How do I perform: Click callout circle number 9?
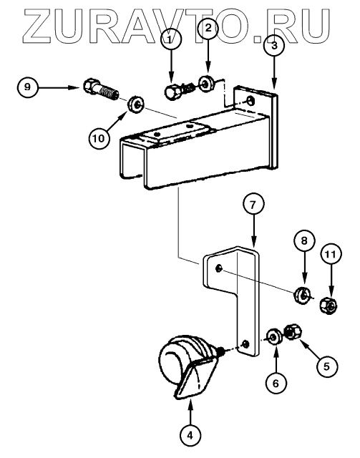[x=27, y=87]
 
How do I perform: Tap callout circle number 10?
[x=99, y=137]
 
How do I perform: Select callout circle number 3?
[x=274, y=46]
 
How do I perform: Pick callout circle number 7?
[x=253, y=205]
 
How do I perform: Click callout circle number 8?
[x=304, y=241]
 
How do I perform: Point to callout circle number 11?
[x=331, y=255]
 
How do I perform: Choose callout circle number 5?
[x=326, y=366]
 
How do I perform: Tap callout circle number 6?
[x=276, y=383]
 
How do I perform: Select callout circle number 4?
[x=190, y=436]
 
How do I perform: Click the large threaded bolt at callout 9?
[x=101, y=89]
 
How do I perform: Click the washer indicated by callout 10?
[x=136, y=104]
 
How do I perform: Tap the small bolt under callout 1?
[x=177, y=89]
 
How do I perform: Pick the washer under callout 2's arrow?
[x=207, y=83]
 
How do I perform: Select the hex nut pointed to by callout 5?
[x=293, y=331]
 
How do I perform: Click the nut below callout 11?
[x=329, y=306]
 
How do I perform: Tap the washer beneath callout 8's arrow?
[x=303, y=295]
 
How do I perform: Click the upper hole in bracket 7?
[x=218, y=268]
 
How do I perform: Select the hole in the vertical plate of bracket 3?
[x=250, y=101]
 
